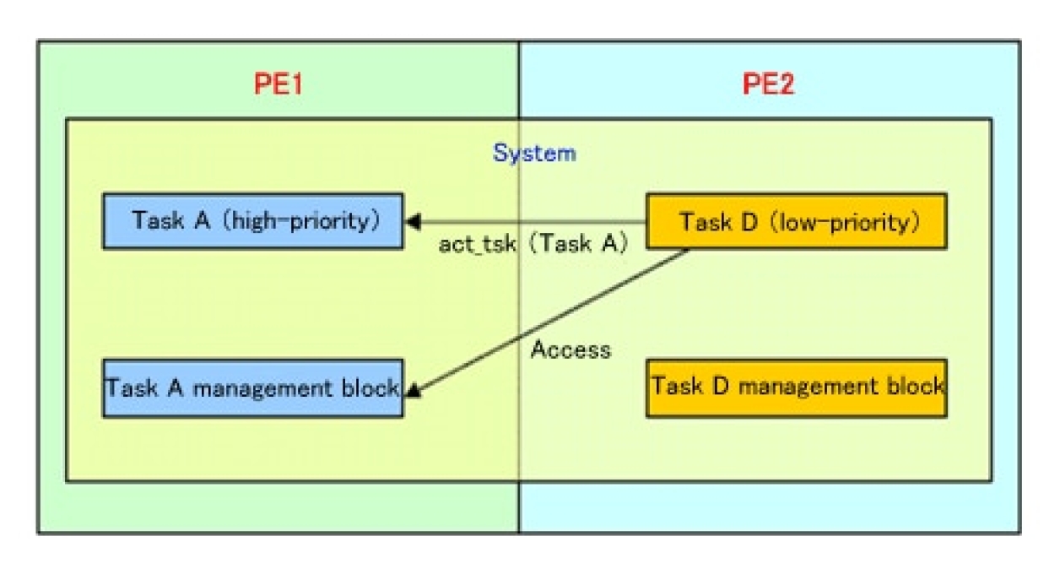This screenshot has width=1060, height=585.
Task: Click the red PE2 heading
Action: tap(768, 84)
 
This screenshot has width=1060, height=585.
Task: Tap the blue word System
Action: tap(534, 153)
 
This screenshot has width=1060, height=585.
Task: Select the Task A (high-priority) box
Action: tap(253, 221)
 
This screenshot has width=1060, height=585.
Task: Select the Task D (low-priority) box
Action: tap(796, 222)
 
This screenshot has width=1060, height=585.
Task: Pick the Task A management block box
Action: tap(252, 388)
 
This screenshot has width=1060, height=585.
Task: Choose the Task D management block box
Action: tap(796, 387)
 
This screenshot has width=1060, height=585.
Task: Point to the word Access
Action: tap(571, 349)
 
